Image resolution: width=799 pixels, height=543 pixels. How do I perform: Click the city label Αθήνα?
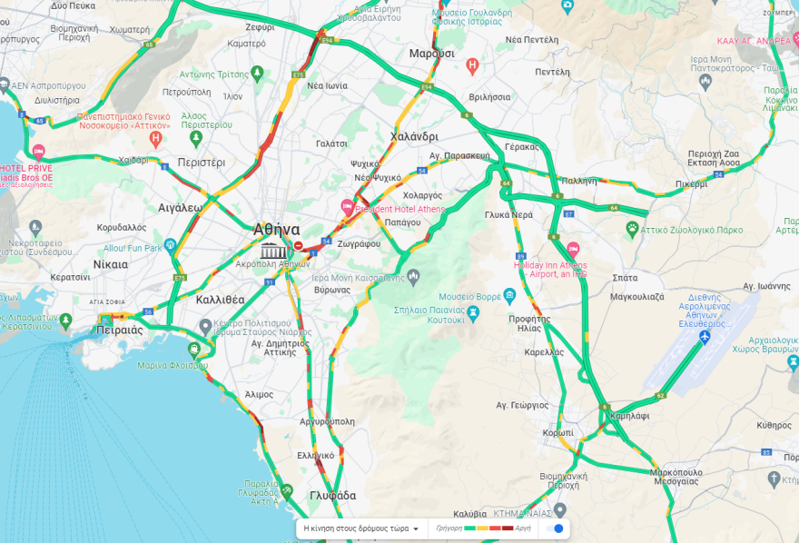(277, 230)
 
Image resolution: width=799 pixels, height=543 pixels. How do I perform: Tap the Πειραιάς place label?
(120, 330)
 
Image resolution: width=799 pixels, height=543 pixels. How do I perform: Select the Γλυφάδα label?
(332, 496)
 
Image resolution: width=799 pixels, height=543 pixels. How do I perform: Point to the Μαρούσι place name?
(431, 54)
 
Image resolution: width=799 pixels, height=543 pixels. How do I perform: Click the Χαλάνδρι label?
(414, 136)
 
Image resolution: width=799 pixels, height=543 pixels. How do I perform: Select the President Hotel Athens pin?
(347, 208)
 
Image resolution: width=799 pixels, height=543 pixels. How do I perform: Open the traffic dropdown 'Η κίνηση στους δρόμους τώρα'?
(361, 528)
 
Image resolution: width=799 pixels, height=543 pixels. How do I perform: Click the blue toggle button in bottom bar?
(558, 528)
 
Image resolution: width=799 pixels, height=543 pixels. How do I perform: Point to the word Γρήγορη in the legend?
(449, 528)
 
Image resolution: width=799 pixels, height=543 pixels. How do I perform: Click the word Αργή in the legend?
(524, 528)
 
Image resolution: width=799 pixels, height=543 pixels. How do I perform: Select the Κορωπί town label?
(557, 433)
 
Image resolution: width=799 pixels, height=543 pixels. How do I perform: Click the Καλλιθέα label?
(221, 299)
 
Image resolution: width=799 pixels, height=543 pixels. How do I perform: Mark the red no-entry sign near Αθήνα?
(299, 245)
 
